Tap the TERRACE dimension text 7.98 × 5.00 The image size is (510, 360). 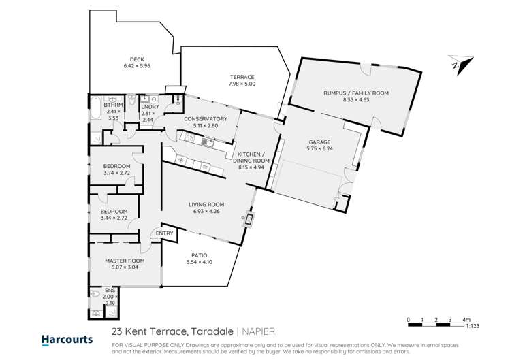coord(242,84)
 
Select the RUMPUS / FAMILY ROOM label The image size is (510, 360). coord(356,93)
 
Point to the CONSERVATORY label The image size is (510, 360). coord(205,118)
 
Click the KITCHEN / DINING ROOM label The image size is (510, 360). coord(253,157)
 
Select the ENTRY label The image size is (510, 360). coord(164,233)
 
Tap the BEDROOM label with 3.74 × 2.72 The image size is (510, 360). coord(116,166)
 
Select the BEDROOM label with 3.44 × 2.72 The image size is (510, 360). coord(114,212)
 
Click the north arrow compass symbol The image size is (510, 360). coord(460,65)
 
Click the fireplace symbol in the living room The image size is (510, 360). coord(249,219)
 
